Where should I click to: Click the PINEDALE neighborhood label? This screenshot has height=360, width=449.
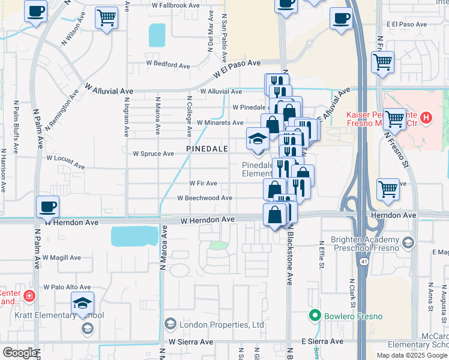[x=208, y=148]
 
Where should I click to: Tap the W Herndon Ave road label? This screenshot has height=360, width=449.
[x=208, y=220]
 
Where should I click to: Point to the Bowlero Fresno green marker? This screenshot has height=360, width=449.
[x=313, y=314]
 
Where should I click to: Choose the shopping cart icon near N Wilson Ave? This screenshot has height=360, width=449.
[x=107, y=19]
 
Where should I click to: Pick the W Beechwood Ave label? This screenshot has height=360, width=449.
[x=205, y=198]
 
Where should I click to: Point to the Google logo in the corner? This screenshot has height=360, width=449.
[x=20, y=353]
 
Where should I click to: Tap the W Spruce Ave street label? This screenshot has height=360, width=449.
[x=153, y=154]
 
